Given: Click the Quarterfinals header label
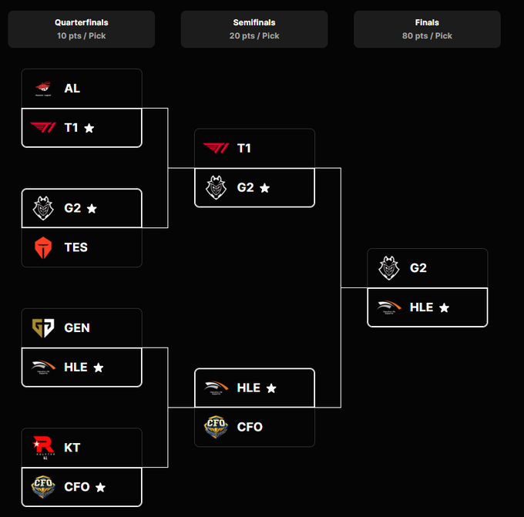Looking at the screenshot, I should (81, 22).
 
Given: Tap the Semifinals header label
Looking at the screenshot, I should (254, 22).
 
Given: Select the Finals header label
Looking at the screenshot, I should (426, 22).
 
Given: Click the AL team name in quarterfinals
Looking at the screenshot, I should (72, 89).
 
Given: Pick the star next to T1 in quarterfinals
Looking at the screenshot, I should (89, 128).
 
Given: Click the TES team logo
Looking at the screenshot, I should (43, 247).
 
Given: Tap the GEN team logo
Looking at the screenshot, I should (43, 328).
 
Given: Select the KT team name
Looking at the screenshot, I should (72, 448).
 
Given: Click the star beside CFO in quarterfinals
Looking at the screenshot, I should (100, 487).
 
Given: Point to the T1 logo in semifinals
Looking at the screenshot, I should (216, 148).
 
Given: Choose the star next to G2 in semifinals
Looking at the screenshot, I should (265, 188).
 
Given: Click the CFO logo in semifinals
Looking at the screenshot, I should (216, 427).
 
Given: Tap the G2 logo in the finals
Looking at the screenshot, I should (388, 268).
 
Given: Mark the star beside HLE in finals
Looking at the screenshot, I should (444, 307).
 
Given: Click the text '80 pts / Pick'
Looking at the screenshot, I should (426, 35).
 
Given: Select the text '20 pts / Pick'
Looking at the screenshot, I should (254, 35).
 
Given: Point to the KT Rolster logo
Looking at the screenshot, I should (43, 448).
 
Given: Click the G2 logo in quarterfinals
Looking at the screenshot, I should (43, 208).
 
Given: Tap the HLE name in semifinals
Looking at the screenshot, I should (249, 388).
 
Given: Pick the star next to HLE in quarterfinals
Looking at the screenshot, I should (99, 368).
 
